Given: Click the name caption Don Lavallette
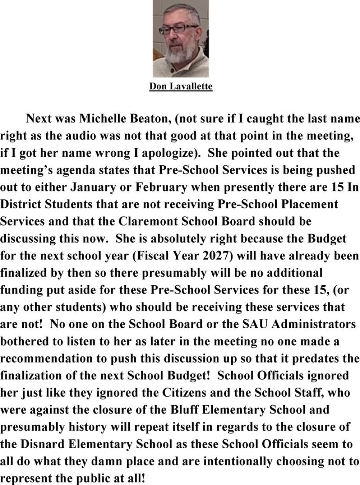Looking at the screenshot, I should [180, 87].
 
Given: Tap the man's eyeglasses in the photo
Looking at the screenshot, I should [178, 29].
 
